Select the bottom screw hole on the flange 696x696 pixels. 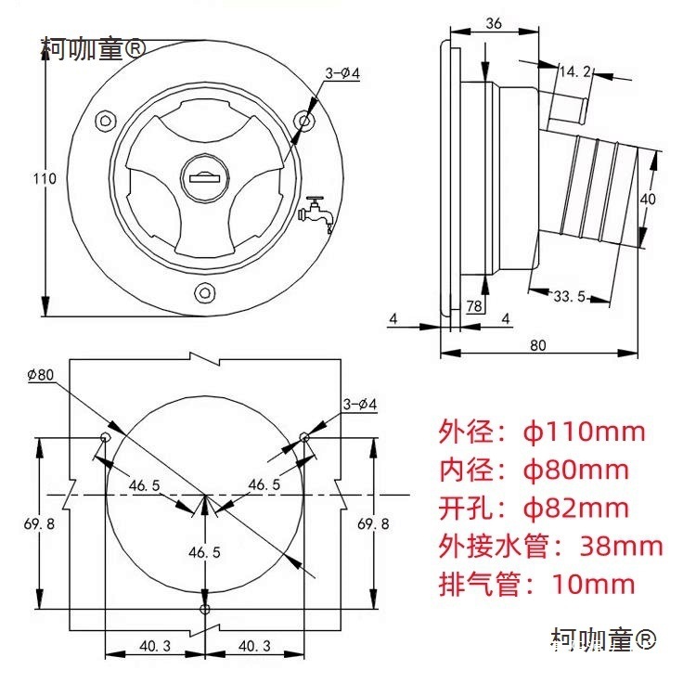203,293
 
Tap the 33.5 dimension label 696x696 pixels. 568,297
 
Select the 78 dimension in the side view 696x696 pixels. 473,306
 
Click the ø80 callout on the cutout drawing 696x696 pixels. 41,375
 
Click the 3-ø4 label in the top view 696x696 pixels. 342,72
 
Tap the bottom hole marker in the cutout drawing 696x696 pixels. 204,609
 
